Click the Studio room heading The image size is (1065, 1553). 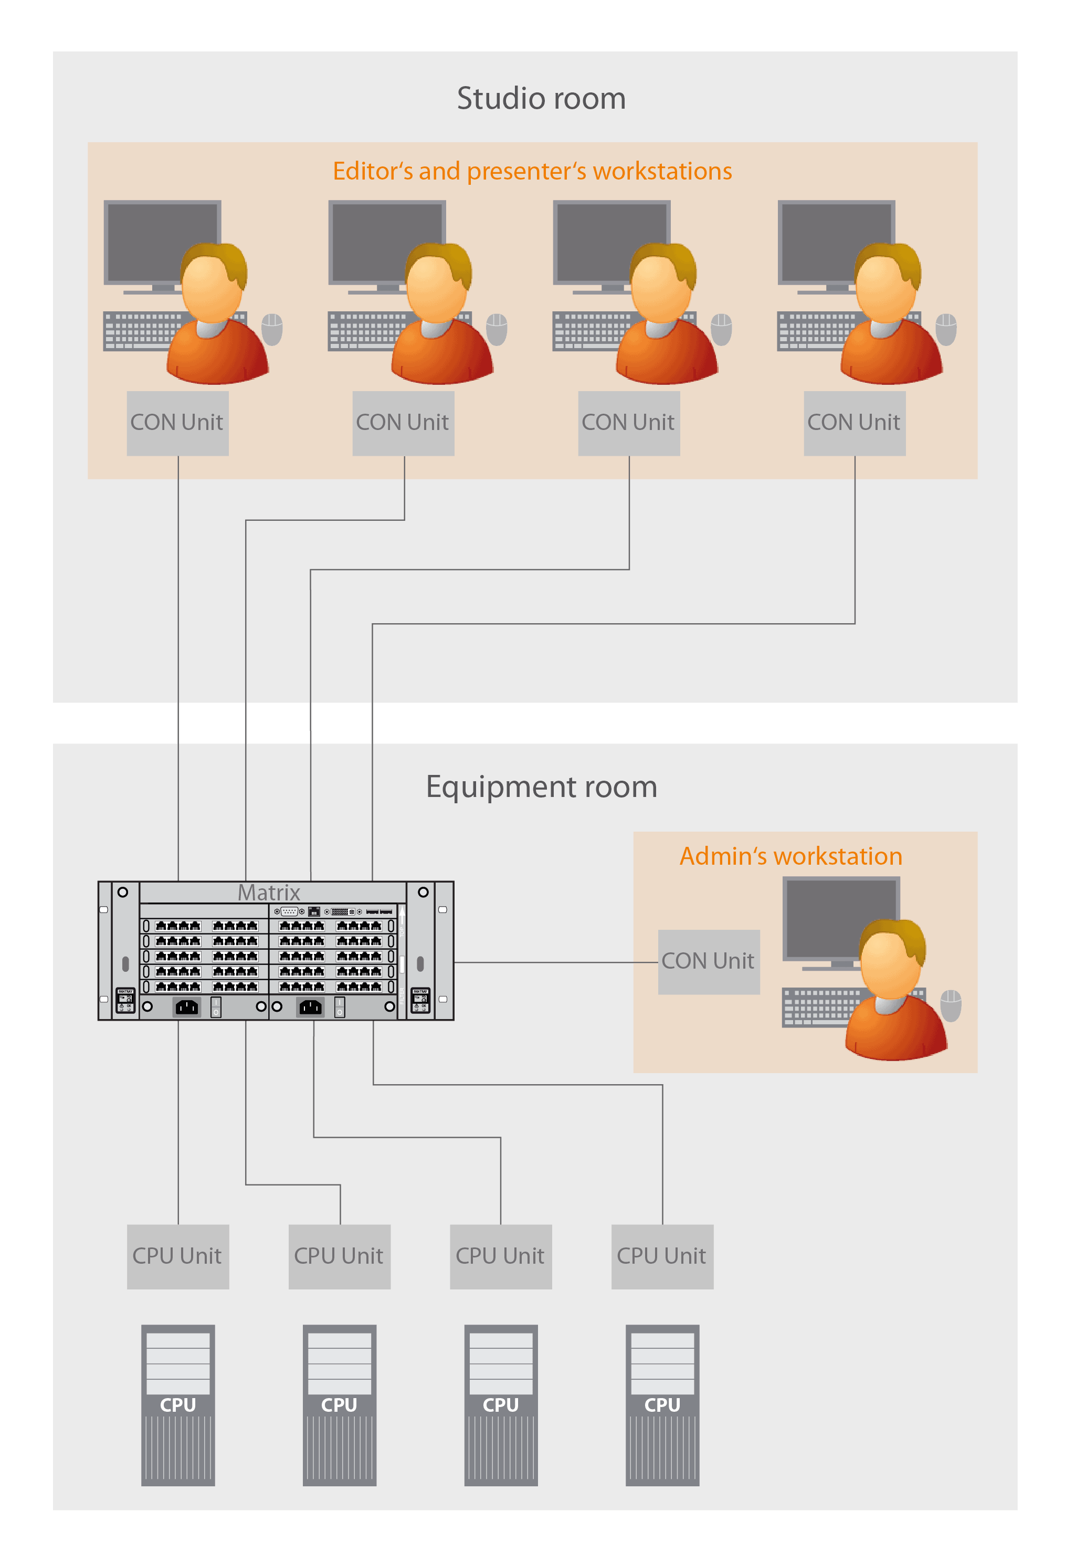pyautogui.click(x=541, y=99)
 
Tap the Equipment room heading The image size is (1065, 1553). pyautogui.click(x=541, y=786)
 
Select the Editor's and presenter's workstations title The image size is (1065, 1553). pyautogui.click(x=532, y=171)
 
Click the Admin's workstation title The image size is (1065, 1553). pyautogui.click(x=791, y=856)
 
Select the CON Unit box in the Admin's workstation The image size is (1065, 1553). pyautogui.click(x=709, y=962)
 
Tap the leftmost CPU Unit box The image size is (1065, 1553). pyautogui.click(x=178, y=1256)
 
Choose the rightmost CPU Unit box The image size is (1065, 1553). pyautogui.click(x=662, y=1256)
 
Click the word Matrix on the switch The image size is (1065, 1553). pyautogui.click(x=269, y=893)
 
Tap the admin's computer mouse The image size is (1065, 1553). pyautogui.click(x=951, y=1004)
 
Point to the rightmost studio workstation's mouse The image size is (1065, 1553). pyautogui.click(x=945, y=328)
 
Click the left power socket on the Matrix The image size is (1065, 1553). pyautogui.click(x=186, y=1007)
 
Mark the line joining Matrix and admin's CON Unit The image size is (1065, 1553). pyautogui.click(x=555, y=962)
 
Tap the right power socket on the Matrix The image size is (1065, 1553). pyautogui.click(x=310, y=1007)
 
